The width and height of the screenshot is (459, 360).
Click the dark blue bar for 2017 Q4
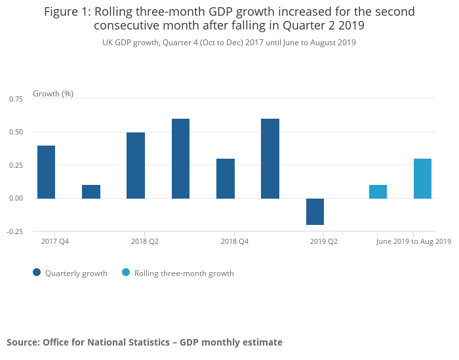46,172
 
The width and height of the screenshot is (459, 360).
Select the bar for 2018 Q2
136,165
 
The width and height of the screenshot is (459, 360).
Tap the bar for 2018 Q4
226,178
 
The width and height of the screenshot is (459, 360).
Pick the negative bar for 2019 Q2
315,211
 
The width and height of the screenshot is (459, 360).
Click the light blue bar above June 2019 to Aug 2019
422,178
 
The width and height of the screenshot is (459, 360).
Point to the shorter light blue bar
378,191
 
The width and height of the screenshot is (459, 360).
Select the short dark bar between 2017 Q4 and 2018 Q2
91,191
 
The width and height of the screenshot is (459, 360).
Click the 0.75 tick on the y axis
16,99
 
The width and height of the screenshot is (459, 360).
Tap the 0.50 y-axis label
16,132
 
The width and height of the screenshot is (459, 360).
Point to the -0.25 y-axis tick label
14,231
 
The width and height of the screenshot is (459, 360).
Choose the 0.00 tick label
16,198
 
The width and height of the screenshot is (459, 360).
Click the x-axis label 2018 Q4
235,242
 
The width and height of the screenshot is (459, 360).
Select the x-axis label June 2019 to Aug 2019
413,242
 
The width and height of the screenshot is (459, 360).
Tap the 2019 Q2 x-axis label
324,242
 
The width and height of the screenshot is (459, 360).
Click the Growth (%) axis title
53,94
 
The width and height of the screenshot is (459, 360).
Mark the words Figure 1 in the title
68,12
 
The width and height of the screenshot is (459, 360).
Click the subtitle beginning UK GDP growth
229,43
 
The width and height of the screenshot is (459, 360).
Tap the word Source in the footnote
22,342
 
